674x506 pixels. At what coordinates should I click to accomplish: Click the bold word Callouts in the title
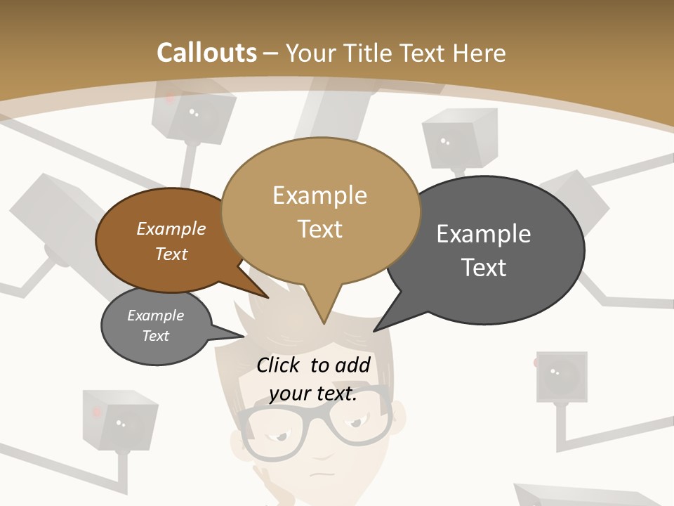(206, 53)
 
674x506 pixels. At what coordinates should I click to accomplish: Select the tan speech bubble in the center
(320, 211)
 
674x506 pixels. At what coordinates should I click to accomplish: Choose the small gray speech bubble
(156, 326)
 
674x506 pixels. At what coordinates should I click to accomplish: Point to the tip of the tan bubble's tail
(324, 323)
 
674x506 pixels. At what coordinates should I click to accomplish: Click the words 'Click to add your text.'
(313, 379)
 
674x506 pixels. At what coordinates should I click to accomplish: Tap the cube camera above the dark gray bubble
(459, 141)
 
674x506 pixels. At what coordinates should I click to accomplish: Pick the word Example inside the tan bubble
(319, 195)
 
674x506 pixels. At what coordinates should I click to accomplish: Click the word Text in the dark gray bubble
(484, 267)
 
